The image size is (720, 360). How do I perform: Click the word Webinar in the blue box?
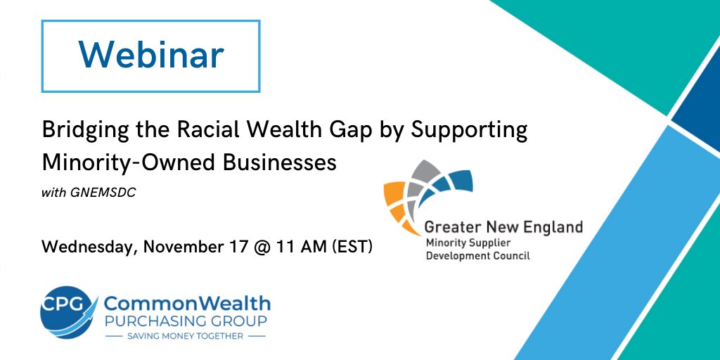[151, 55]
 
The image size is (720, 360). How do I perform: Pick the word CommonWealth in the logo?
[186, 303]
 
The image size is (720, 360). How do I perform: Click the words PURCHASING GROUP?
[186, 321]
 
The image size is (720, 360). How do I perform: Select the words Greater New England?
[503, 227]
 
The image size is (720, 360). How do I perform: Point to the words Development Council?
[477, 256]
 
